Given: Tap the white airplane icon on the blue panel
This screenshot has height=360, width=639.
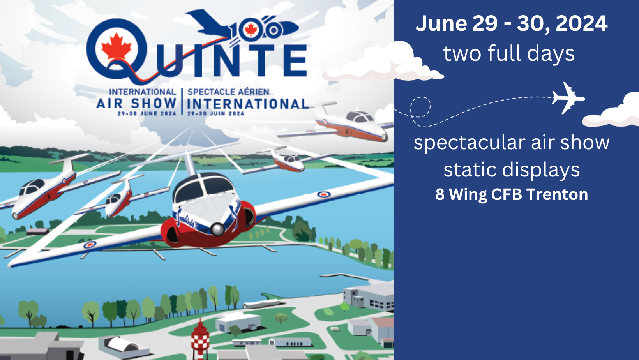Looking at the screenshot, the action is coord(568,98).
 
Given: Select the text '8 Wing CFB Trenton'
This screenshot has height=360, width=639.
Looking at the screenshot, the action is coord(512,194).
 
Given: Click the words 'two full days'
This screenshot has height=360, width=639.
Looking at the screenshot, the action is coord(509,54).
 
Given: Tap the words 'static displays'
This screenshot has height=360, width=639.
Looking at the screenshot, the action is coord(512,170).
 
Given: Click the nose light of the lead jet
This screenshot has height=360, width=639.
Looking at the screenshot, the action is coord(217,229).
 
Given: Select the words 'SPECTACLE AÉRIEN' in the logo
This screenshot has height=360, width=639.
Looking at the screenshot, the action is coord(228,92).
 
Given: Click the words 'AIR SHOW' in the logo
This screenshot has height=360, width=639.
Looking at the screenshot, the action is coord(136,103).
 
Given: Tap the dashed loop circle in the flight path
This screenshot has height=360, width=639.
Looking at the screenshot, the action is coord(420,107).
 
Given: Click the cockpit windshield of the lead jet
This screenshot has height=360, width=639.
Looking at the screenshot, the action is coord(204,187).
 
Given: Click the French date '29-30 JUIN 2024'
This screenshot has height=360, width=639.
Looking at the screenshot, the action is coord(216,113).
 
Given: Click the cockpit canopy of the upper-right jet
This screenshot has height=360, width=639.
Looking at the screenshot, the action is coord(360,116).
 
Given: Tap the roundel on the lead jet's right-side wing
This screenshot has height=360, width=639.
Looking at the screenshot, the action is coord(324,194).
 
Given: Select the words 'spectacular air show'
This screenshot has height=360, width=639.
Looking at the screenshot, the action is coord(512,143).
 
